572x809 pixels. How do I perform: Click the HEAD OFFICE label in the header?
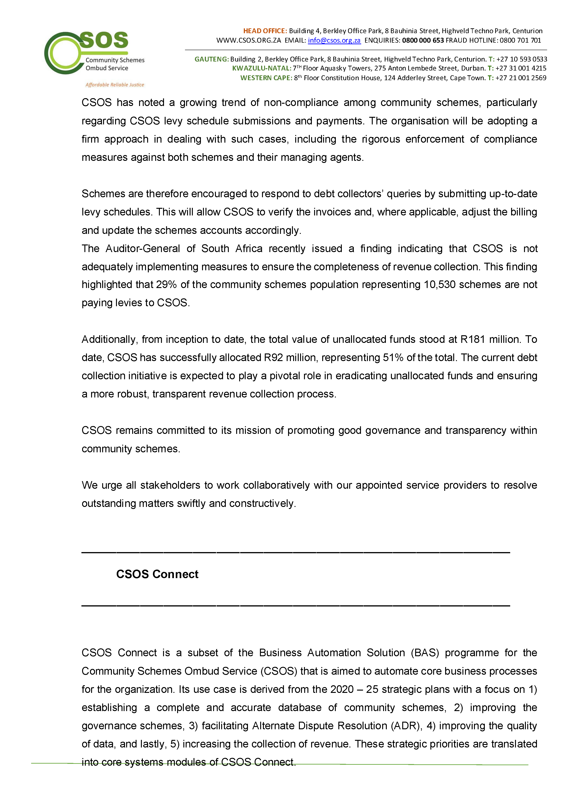click(x=265, y=31)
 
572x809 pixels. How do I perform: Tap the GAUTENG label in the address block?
click(x=212, y=59)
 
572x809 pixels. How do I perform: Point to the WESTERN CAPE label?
click(x=266, y=78)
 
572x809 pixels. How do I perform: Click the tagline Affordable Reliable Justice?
click(x=115, y=85)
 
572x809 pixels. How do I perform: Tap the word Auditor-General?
click(x=143, y=249)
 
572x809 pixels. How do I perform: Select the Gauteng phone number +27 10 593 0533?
click(x=521, y=59)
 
